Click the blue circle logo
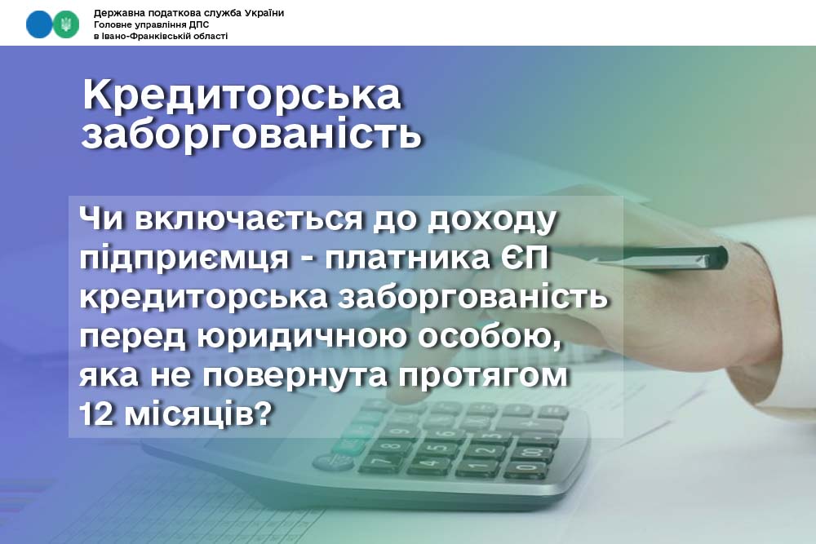[39, 24]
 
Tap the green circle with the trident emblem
[65, 24]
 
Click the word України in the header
[264, 13]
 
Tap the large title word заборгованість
[251, 134]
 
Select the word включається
[249, 218]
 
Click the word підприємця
[184, 259]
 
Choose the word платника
[407, 258]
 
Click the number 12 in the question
[96, 414]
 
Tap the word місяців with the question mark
[198, 415]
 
